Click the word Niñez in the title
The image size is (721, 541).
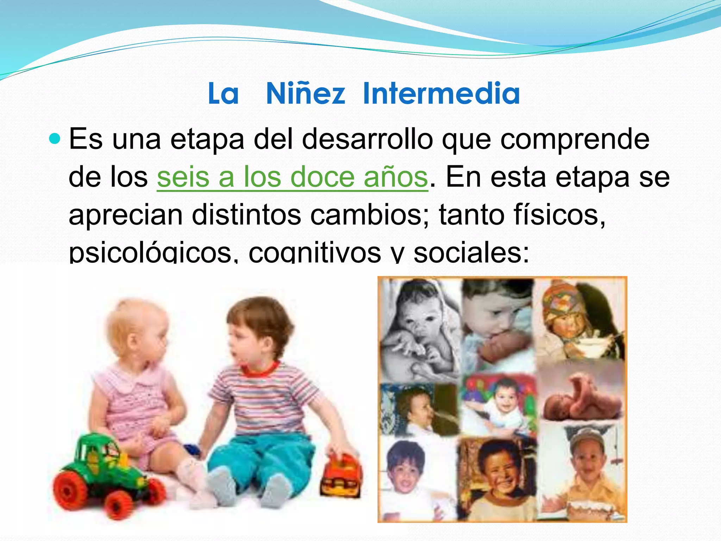coord(305,93)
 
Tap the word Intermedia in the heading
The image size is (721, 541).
coord(441,93)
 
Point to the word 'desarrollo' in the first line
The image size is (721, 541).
coord(367,139)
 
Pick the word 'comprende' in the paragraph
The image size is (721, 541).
coord(575,139)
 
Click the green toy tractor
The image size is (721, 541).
coord(106,472)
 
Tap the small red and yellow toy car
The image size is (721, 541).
coord(340,475)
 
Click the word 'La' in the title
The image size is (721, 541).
coord(223,93)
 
